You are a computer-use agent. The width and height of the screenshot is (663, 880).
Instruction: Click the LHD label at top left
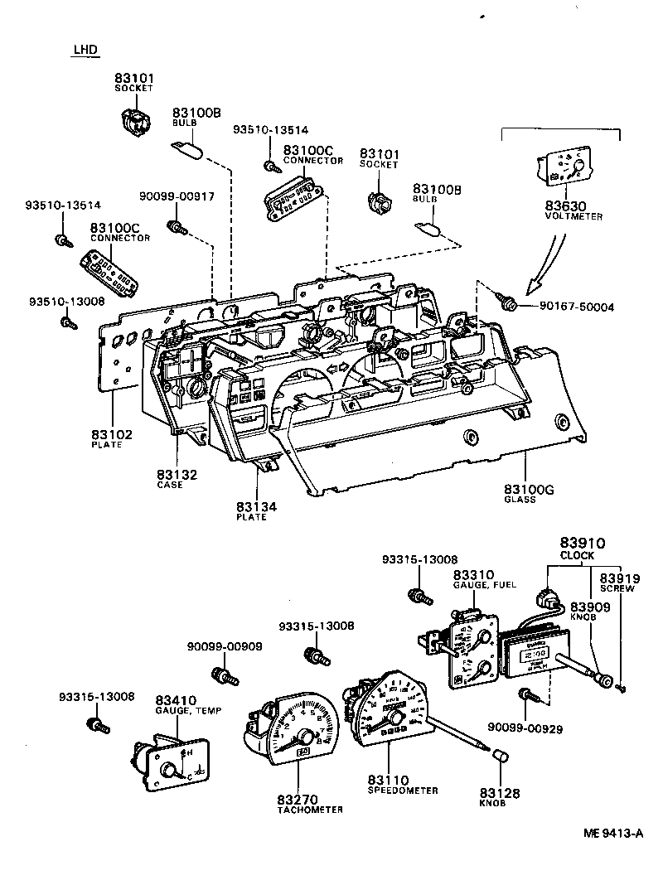click(x=85, y=50)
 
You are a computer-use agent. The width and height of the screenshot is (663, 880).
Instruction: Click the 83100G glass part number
click(x=529, y=489)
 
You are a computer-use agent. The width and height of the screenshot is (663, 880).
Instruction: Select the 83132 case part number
click(x=177, y=475)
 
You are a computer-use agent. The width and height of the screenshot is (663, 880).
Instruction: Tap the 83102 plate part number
click(x=112, y=434)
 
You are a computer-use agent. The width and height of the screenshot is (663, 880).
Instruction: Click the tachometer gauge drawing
click(x=292, y=728)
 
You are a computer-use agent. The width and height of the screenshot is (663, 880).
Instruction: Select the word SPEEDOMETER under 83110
click(x=403, y=791)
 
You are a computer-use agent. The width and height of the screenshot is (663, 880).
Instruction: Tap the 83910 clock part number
click(x=583, y=543)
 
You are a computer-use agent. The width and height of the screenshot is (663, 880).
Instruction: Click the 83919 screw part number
click(x=617, y=578)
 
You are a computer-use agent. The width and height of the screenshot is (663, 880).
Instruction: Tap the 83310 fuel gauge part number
click(x=473, y=574)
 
